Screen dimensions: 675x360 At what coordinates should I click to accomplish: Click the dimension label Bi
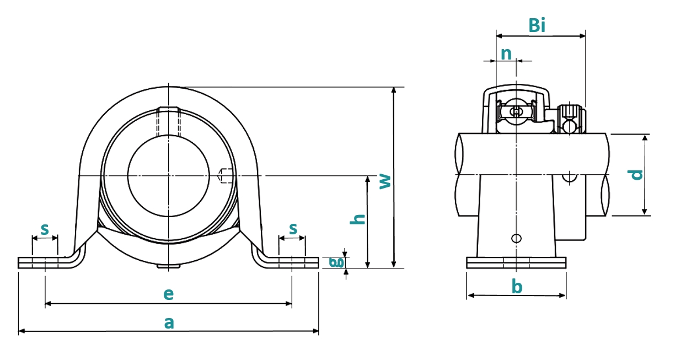pos(537,25)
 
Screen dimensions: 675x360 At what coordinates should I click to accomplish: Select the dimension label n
pos(506,54)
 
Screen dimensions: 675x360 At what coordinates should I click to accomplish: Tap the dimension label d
pos(635,175)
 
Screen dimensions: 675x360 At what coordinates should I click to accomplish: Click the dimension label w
pos(385,181)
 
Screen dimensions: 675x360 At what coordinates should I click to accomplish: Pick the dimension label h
pos(358,219)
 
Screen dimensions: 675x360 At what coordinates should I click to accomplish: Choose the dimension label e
pos(168,294)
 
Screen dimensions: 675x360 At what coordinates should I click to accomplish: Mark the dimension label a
pos(169,323)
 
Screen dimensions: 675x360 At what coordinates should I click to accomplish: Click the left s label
pos(45,229)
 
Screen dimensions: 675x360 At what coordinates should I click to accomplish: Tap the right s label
pos(293,229)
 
